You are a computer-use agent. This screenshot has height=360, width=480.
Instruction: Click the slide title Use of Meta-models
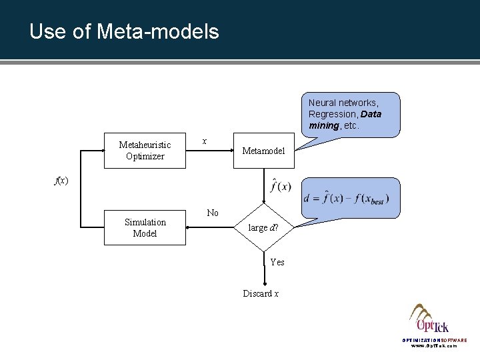124,31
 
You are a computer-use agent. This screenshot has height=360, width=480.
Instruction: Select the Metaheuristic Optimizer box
145,151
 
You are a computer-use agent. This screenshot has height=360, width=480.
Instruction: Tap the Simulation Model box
145,227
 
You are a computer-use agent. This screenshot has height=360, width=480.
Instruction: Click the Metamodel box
263,151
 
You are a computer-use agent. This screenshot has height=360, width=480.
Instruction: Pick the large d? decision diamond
263,227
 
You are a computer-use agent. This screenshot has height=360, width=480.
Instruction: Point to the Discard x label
261,293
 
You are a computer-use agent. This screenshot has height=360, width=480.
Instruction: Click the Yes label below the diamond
277,262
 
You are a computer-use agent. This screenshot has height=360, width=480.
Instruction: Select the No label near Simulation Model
213,213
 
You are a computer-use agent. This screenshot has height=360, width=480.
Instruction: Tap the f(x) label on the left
61,180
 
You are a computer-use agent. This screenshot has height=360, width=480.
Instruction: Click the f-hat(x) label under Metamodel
280,186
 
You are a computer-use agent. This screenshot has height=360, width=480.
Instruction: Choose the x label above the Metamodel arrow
204,141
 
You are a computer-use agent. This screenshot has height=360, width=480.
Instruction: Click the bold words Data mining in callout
345,119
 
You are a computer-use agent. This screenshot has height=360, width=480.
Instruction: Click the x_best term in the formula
376,201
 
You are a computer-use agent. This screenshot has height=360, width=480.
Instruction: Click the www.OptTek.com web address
433,346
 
